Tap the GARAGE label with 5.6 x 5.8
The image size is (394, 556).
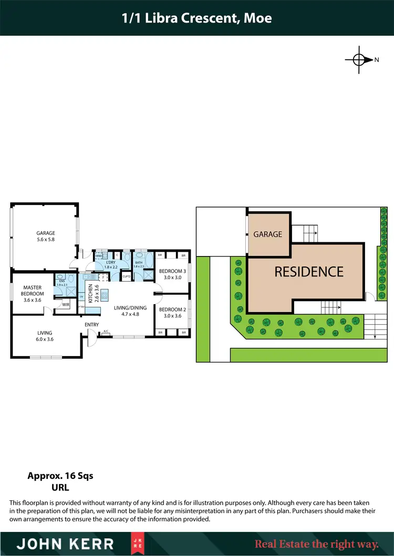(x=46, y=236)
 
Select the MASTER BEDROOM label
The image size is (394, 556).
(x=33, y=290)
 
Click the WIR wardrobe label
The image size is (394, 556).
(x=66, y=304)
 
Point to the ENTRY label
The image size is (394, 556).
(x=92, y=325)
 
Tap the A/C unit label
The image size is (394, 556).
(x=106, y=331)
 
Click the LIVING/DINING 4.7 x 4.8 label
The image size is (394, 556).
(x=126, y=312)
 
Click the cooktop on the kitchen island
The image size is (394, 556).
(x=104, y=295)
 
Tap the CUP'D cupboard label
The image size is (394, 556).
(x=126, y=276)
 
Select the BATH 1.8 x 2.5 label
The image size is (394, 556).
(x=139, y=264)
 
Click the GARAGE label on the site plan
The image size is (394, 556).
(x=268, y=234)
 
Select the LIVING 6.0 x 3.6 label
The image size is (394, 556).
(x=45, y=336)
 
